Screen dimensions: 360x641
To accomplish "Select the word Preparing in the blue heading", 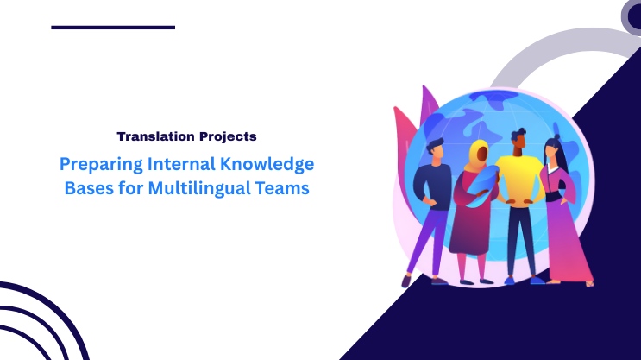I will (94, 163).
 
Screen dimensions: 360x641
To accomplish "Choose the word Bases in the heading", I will (88, 187).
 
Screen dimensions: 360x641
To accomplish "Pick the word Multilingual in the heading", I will (201, 187).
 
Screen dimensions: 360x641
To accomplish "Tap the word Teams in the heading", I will (282, 187).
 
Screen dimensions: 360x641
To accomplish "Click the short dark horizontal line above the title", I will (113, 28).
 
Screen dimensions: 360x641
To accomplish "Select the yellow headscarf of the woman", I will (476, 156).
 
